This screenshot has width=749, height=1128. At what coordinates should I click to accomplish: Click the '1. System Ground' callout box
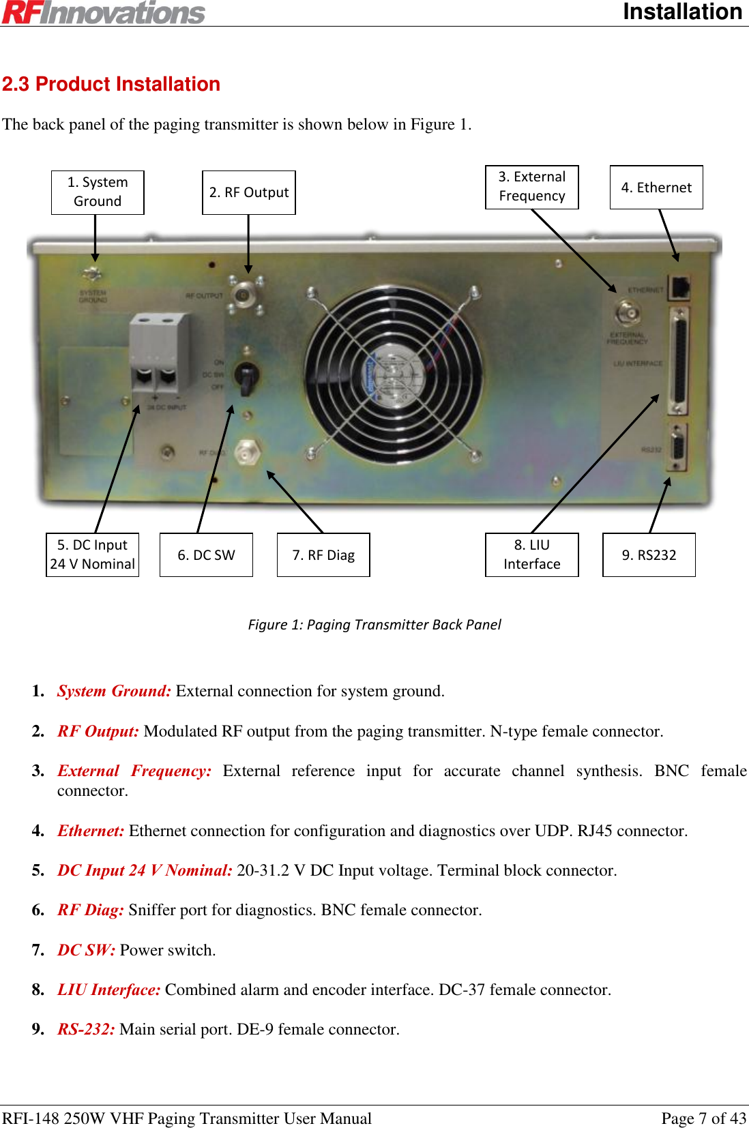pyautogui.click(x=98, y=192)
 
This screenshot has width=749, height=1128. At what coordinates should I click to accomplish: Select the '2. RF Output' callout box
pyautogui.click(x=249, y=192)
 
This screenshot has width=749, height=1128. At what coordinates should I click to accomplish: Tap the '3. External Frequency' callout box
pyautogui.click(x=532, y=187)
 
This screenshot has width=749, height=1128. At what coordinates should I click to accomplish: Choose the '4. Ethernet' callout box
pyautogui.click(x=656, y=188)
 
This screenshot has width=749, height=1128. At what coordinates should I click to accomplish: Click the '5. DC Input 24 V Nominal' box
pyautogui.click(x=93, y=554)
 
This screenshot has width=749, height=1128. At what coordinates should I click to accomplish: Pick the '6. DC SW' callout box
pyautogui.click(x=206, y=554)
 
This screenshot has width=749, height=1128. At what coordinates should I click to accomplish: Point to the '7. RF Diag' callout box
pyautogui.click(x=323, y=554)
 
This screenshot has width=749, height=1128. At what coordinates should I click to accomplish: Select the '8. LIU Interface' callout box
pyautogui.click(x=532, y=554)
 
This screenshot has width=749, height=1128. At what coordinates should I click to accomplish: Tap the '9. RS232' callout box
pyautogui.click(x=649, y=554)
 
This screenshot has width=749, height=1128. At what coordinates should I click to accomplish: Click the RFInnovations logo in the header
pyautogui.click(x=104, y=12)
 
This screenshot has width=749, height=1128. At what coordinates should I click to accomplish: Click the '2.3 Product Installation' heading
pyautogui.click(x=111, y=84)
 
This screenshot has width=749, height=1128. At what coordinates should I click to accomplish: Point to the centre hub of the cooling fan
pyautogui.click(x=394, y=375)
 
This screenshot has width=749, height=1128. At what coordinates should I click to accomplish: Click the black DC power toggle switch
pyautogui.click(x=246, y=376)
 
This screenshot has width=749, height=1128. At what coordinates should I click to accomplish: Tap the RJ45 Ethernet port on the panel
pyautogui.click(x=679, y=287)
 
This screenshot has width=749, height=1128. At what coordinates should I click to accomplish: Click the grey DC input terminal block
pyautogui.click(x=159, y=353)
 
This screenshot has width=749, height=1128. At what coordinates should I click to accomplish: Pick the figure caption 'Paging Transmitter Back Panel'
pyautogui.click(x=374, y=625)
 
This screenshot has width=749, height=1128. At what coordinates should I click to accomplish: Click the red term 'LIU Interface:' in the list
pyautogui.click(x=109, y=990)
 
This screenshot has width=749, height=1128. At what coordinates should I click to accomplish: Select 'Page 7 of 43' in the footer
pyautogui.click(x=703, y=1118)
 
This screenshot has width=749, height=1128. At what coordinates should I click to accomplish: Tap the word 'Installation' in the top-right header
pyautogui.click(x=682, y=12)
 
